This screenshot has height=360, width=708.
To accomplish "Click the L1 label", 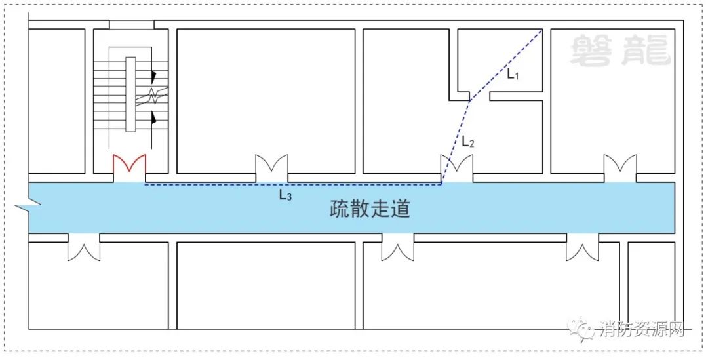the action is [513, 75].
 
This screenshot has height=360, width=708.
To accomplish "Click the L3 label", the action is [285, 195].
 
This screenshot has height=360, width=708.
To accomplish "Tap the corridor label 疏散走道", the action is [370, 210].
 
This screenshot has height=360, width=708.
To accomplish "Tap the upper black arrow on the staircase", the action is [153, 77].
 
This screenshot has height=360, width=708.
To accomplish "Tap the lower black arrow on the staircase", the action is [153, 118].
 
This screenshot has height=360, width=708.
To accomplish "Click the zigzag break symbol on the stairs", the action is [152, 96].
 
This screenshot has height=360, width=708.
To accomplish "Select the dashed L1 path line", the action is [505, 66].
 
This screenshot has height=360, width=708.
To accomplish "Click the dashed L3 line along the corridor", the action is [292, 184].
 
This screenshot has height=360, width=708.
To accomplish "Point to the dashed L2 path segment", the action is [456, 143].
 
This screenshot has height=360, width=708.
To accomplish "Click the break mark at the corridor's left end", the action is [28, 205].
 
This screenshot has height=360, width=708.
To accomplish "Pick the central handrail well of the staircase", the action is [130, 94].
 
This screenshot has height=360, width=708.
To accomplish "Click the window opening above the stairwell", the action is [132, 25].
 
